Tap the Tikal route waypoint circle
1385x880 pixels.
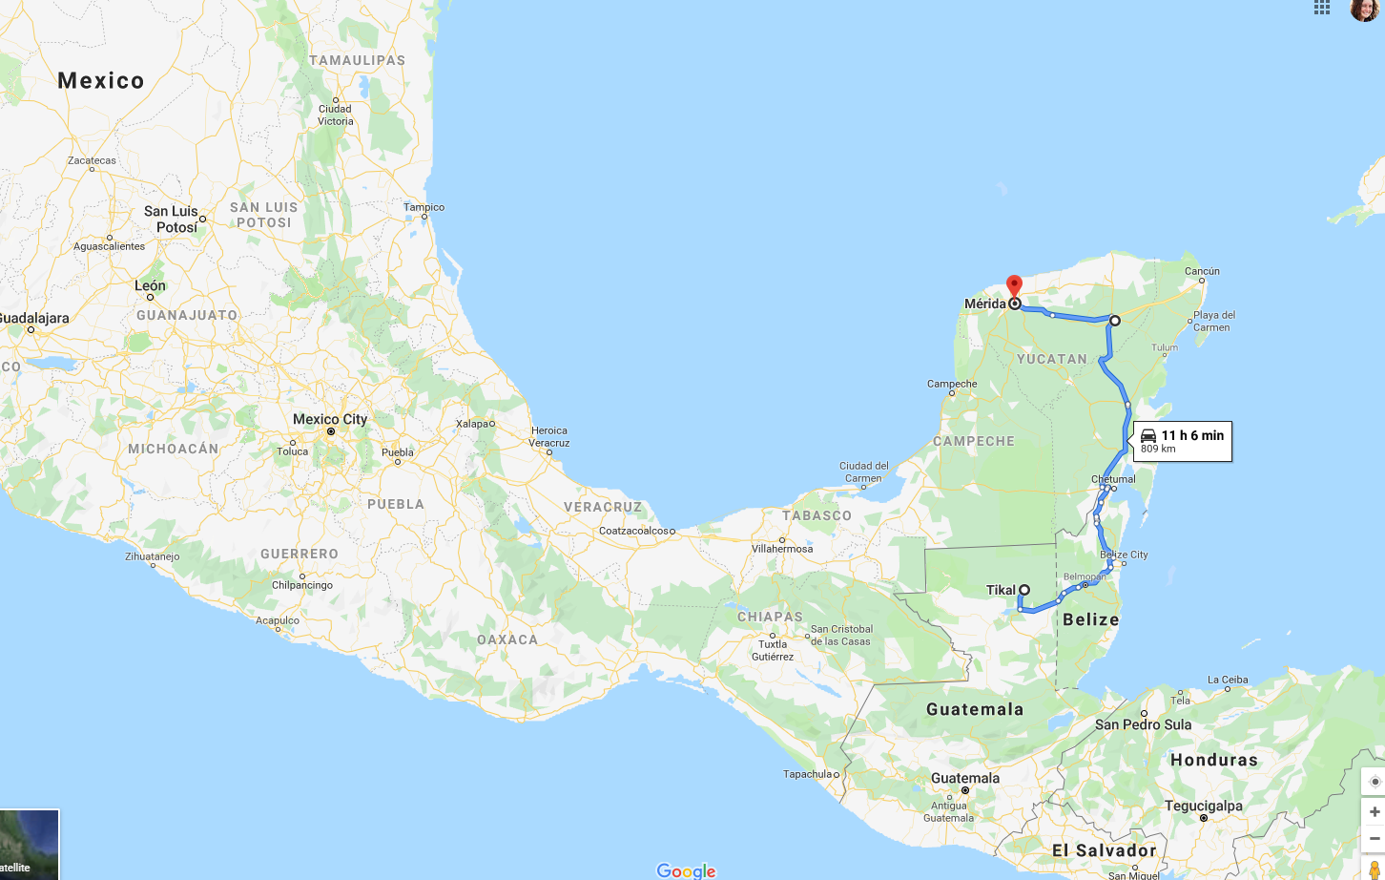pos(1023,590)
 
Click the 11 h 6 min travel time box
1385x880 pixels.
pos(1182,441)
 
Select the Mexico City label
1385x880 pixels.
pos(329,419)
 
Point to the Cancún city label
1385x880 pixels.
pos(1202,271)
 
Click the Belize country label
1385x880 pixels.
pos(1090,619)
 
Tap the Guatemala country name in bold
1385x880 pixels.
pos(974,709)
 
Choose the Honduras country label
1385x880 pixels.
pos(1213,760)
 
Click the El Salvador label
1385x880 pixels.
pos(1104,849)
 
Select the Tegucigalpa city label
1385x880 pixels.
pos(1203,806)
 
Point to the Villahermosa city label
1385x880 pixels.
pos(782,549)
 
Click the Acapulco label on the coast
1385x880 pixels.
pos(278,620)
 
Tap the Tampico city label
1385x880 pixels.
pos(424,207)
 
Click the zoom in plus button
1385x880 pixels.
pos(1374,811)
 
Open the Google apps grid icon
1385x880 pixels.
pos(1322,8)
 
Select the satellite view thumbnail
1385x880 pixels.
pos(29,844)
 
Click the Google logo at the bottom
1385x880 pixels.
pos(686,870)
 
